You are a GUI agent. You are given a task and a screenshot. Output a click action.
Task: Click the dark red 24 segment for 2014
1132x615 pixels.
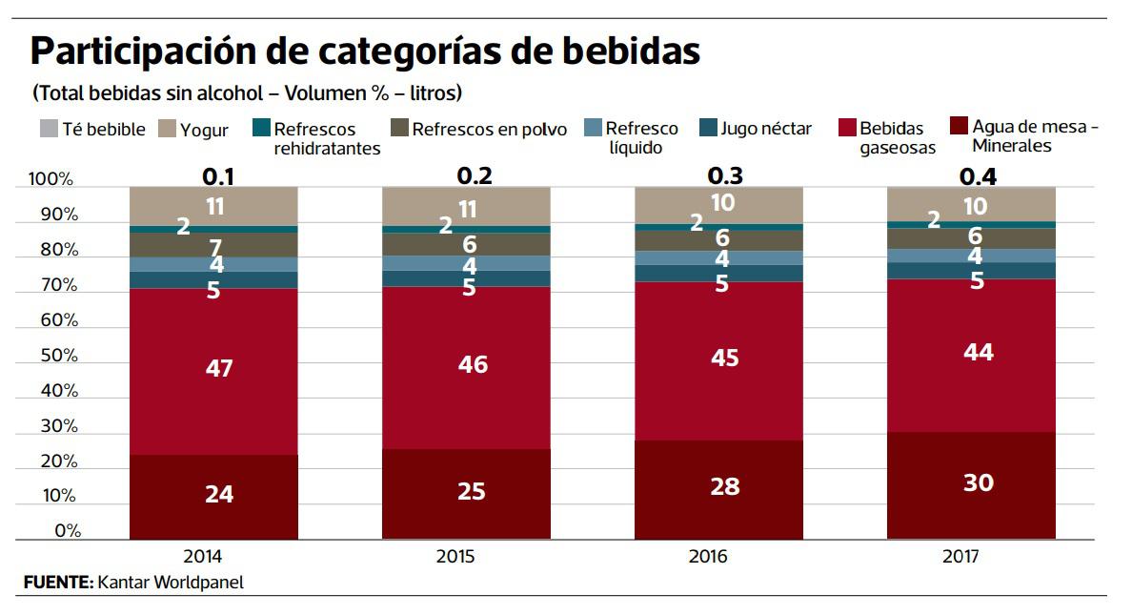click(213, 496)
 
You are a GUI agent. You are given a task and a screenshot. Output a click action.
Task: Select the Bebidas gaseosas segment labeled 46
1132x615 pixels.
click(466, 366)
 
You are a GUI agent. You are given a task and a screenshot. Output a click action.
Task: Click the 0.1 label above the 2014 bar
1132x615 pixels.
click(218, 175)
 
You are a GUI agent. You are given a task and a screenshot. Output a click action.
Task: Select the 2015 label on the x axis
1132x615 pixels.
click(467, 557)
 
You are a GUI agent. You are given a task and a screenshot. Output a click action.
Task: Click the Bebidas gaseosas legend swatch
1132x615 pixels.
click(846, 129)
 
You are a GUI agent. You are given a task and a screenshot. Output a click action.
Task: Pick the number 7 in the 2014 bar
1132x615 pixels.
click(216, 247)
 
